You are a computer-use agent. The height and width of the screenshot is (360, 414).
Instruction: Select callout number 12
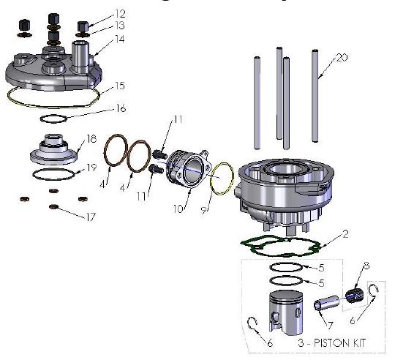(x=120, y=14)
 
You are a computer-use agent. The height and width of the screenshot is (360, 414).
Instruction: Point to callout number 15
(x=120, y=86)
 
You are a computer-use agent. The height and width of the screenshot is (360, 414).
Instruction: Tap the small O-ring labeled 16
(x=54, y=119)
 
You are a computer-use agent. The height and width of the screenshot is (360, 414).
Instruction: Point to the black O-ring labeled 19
(x=55, y=174)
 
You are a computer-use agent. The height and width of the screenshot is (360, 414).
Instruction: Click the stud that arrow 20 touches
(x=315, y=95)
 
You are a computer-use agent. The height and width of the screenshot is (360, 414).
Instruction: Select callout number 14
(x=120, y=39)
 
